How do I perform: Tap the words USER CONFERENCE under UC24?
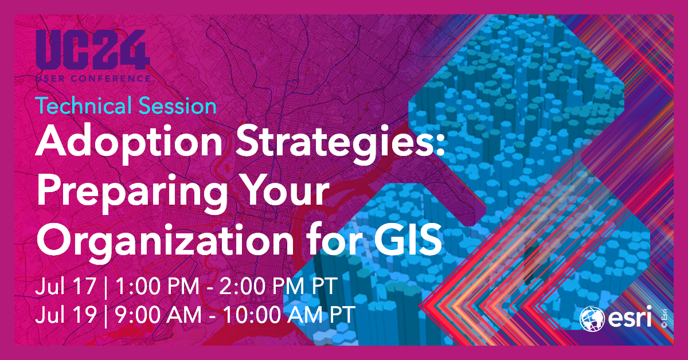click(x=92, y=77)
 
